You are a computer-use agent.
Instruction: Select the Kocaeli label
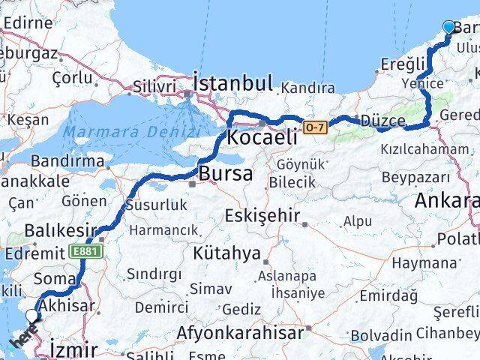click(262, 138)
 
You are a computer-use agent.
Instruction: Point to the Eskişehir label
click(262, 217)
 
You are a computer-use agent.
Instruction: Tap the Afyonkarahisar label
click(241, 331)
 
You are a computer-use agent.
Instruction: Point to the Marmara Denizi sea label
click(131, 133)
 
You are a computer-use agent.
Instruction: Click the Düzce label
click(383, 121)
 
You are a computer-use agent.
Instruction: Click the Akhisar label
click(67, 305)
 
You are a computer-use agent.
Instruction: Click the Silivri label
click(154, 86)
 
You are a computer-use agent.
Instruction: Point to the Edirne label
click(28, 22)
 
